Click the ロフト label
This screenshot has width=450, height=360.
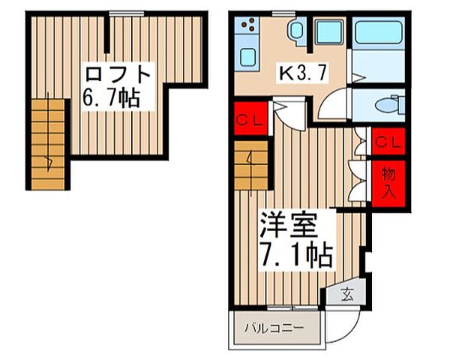click(x=119, y=75)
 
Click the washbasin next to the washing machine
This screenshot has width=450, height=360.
click(x=295, y=31)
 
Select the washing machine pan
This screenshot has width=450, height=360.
click(x=328, y=32)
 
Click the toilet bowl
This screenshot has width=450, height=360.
click(x=382, y=105)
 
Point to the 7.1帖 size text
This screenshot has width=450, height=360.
click(x=296, y=256)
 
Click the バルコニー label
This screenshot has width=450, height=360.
click(x=277, y=328)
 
